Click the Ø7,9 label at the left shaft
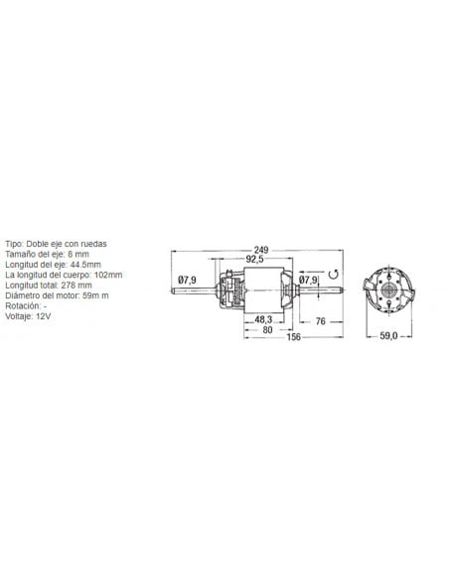point(187,280)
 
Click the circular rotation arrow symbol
point(335,277)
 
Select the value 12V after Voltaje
point(42,316)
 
